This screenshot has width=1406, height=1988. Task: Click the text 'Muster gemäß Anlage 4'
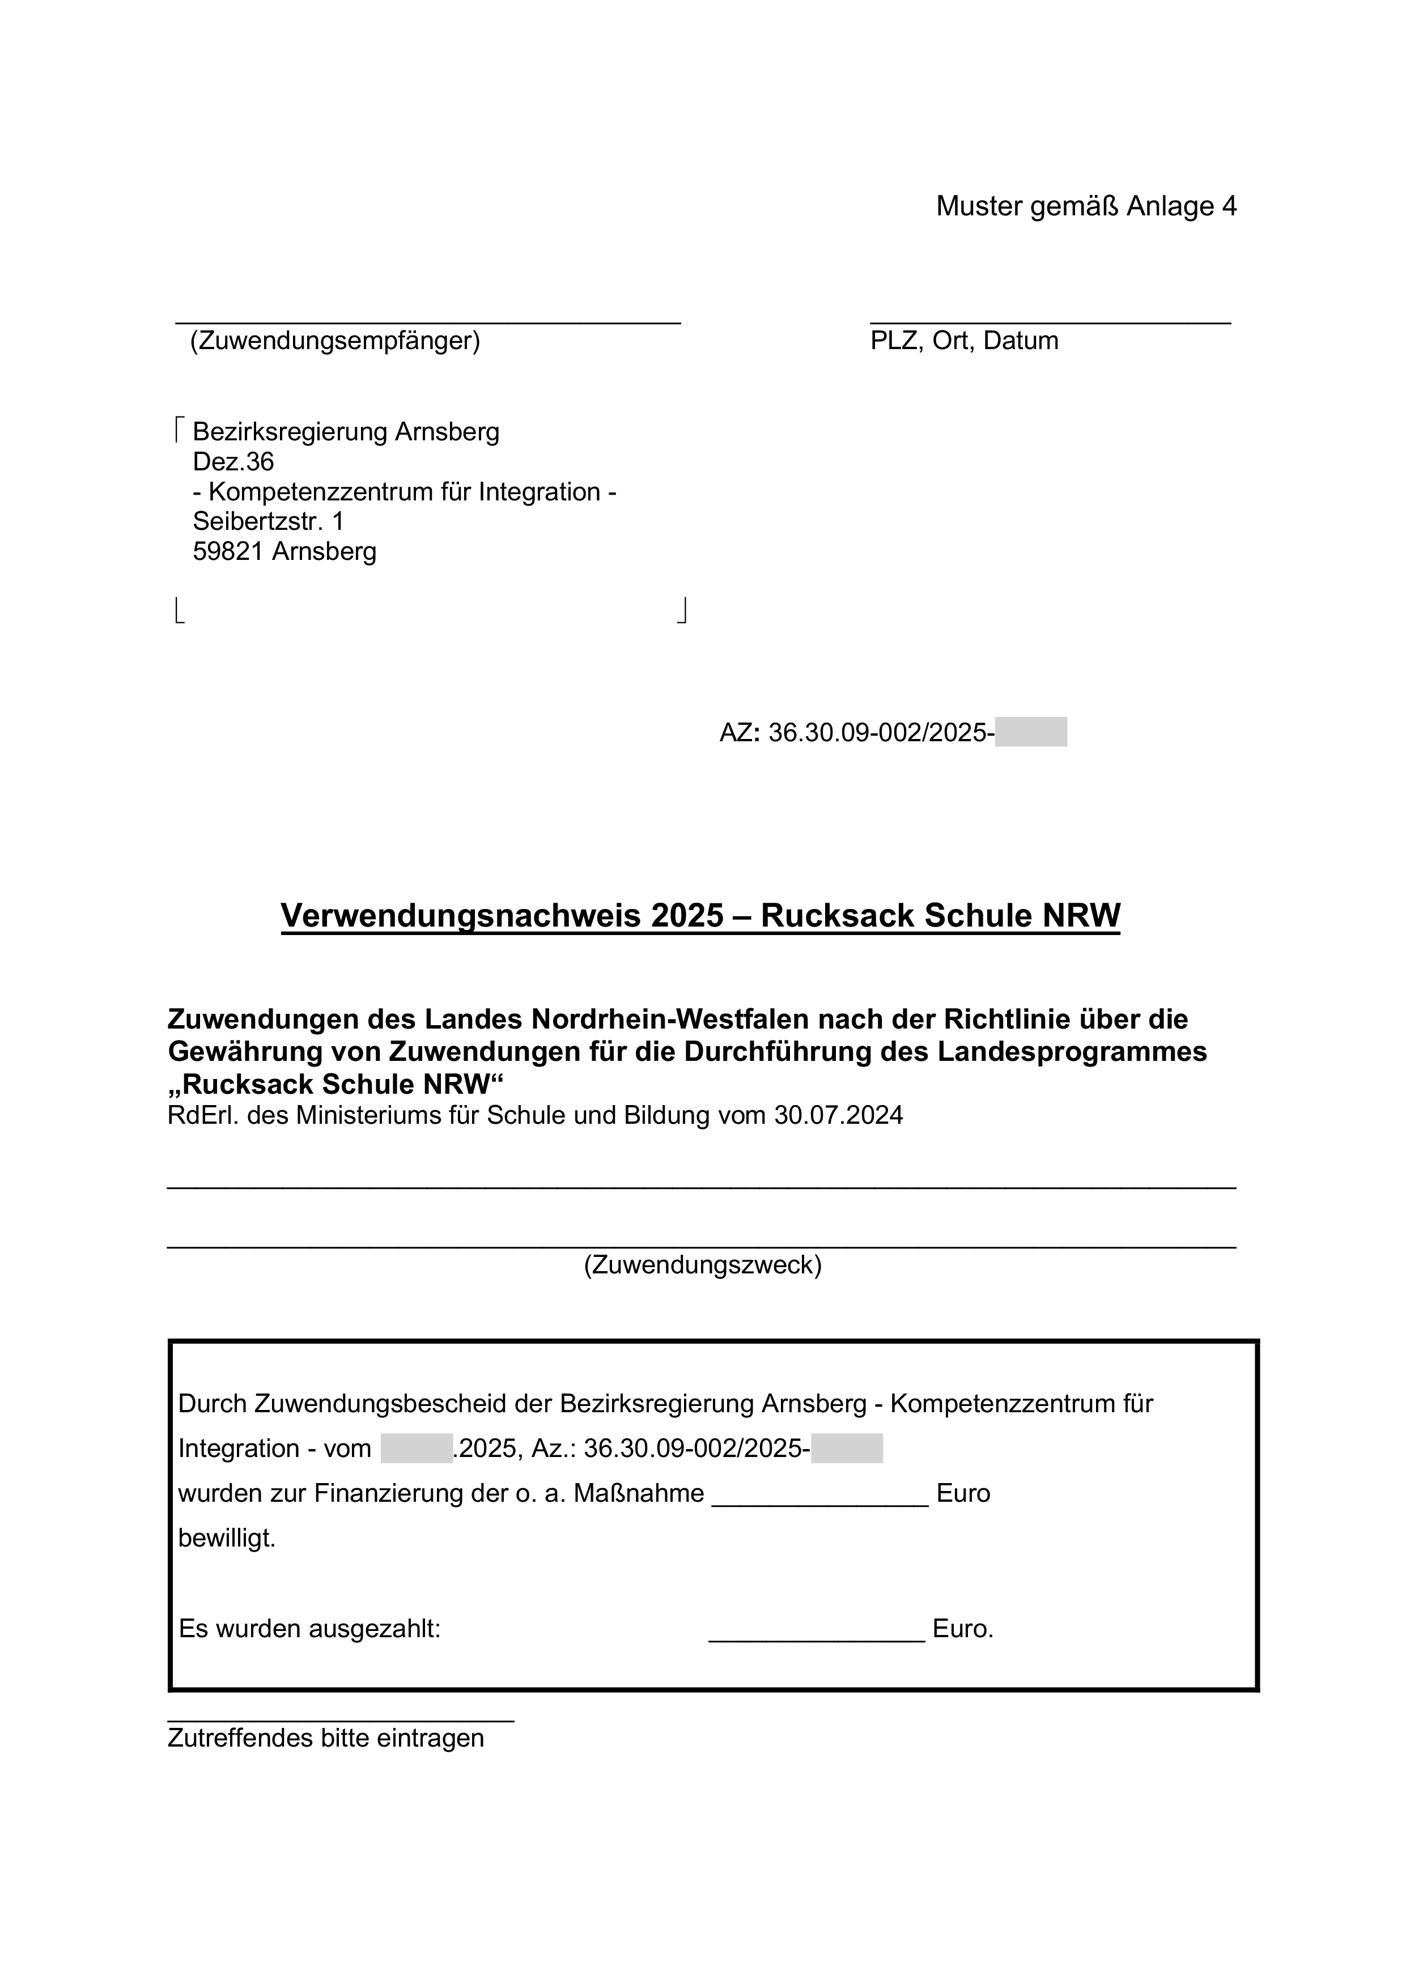1086,206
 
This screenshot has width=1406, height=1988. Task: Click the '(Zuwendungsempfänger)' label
334,340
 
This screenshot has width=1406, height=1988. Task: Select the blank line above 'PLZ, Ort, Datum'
1050,321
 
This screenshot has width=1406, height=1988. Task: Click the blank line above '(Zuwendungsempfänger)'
428,321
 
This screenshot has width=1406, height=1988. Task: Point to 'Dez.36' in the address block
233,461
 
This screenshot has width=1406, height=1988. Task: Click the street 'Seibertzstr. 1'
267,521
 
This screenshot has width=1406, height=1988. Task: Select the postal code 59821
228,551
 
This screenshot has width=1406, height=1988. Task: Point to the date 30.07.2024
838,1115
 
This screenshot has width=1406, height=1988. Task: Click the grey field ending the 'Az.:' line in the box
847,1448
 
